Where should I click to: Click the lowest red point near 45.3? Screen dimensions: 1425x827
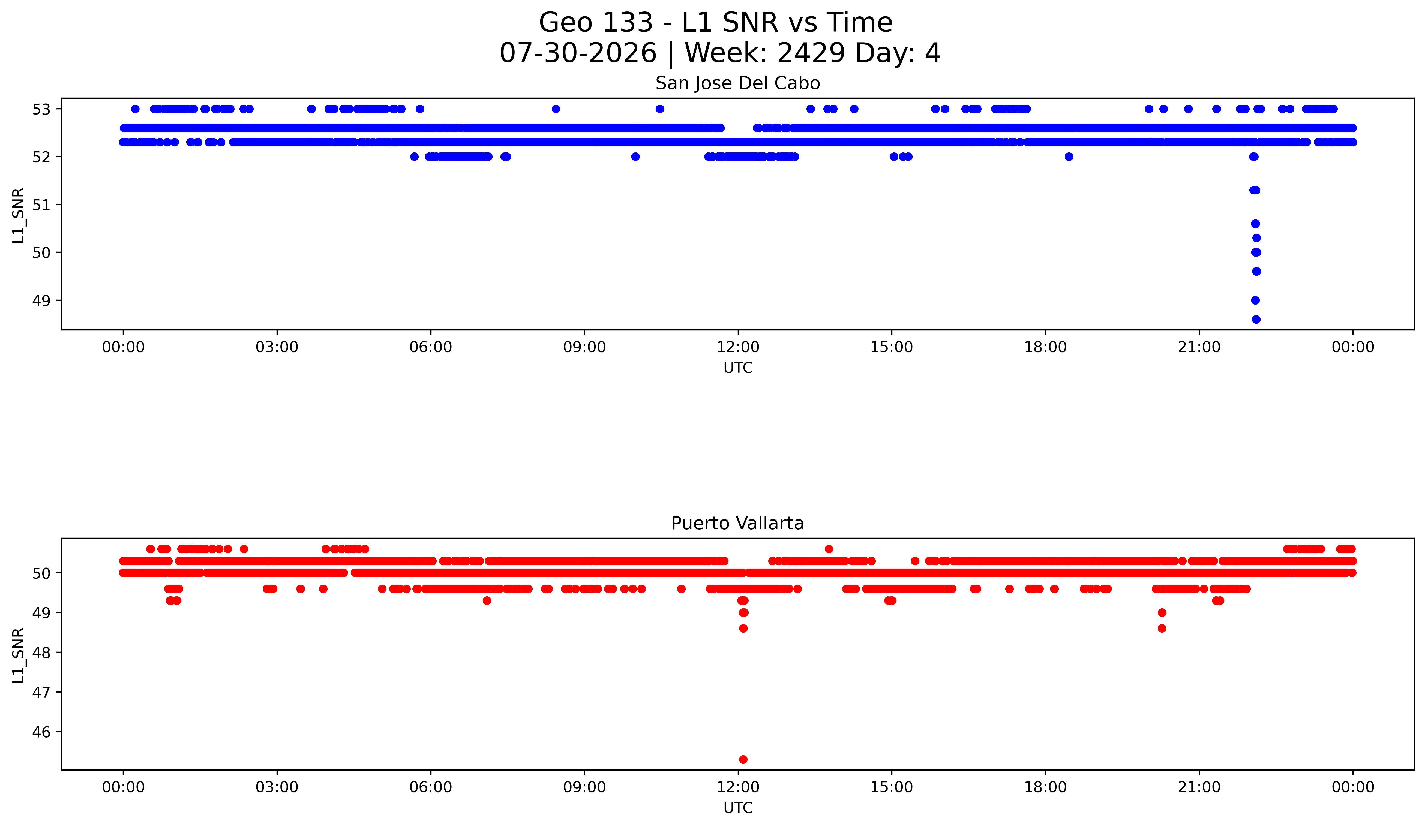click(x=743, y=759)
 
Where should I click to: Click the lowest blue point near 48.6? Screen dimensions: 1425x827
click(x=1256, y=319)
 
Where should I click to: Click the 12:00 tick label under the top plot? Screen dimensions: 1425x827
click(x=738, y=347)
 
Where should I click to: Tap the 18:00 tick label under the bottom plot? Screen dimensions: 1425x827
click(x=1046, y=787)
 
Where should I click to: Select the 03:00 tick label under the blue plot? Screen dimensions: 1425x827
click(x=277, y=347)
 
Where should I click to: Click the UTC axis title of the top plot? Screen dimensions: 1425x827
click(x=738, y=368)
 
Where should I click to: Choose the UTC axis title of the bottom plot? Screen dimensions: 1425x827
click(x=738, y=808)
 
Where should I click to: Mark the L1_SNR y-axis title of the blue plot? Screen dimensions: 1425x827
click(x=19, y=215)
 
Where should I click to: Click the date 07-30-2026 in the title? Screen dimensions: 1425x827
click(x=578, y=53)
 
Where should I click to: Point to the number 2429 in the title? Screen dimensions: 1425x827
click(x=812, y=53)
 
